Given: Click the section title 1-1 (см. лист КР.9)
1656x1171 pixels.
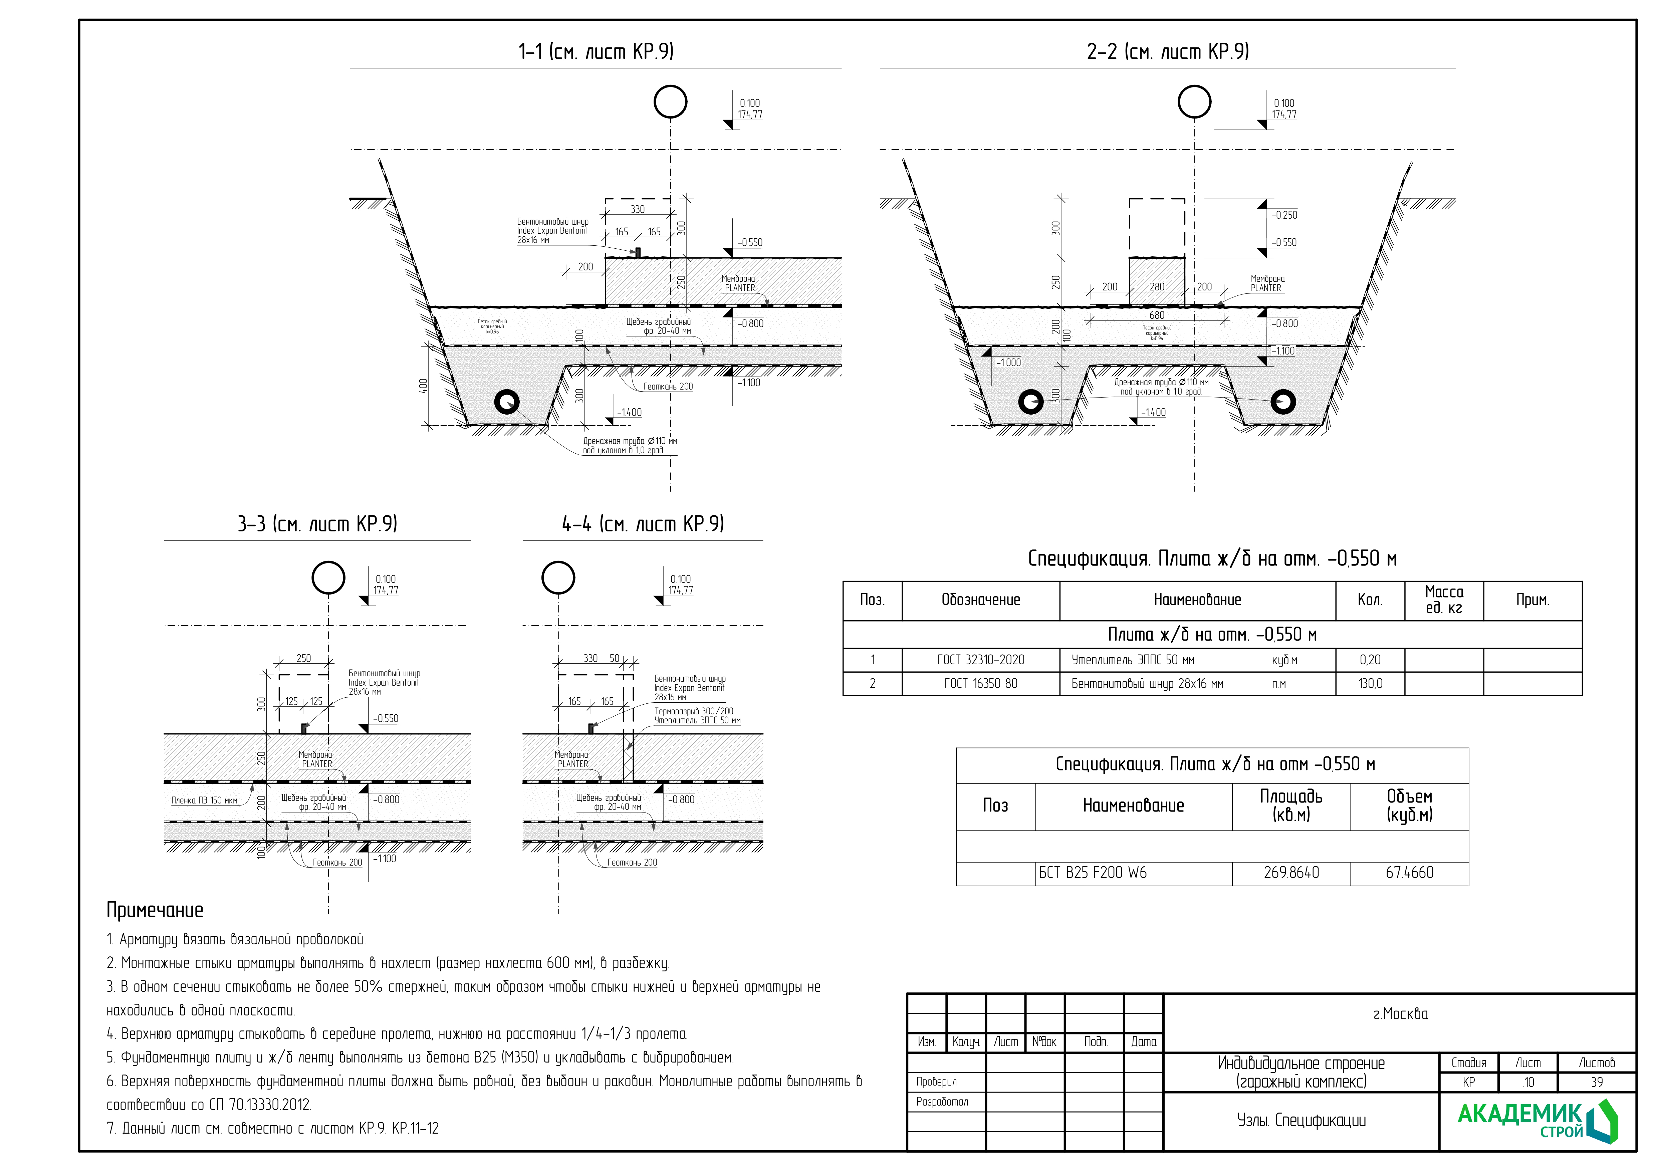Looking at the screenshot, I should (596, 52).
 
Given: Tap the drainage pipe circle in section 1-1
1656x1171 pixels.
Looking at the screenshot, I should (507, 402).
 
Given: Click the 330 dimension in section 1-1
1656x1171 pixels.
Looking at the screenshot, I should (638, 209).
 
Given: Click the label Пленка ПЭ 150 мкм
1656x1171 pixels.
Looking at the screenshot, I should (204, 800).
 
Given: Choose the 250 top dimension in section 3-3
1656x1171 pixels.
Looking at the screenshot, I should (304, 658).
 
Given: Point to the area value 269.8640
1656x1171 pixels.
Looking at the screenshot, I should (1291, 873).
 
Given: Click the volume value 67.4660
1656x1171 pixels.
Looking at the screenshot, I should (1409, 873).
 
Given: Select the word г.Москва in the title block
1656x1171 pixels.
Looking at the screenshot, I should (1400, 1014).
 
